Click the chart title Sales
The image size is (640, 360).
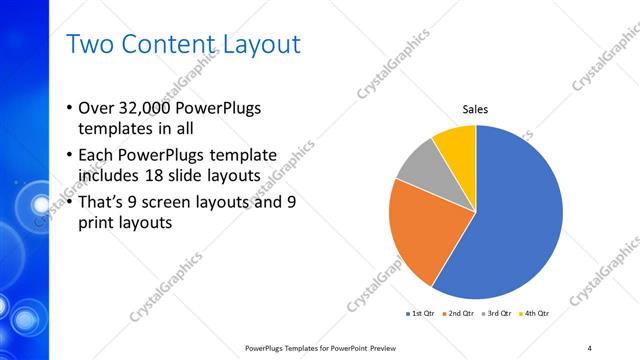pyautogui.click(x=475, y=110)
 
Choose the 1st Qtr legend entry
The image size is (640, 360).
pyautogui.click(x=419, y=314)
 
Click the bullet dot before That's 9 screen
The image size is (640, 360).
pyautogui.click(x=68, y=202)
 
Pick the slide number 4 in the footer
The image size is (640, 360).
pyautogui.click(x=590, y=348)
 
